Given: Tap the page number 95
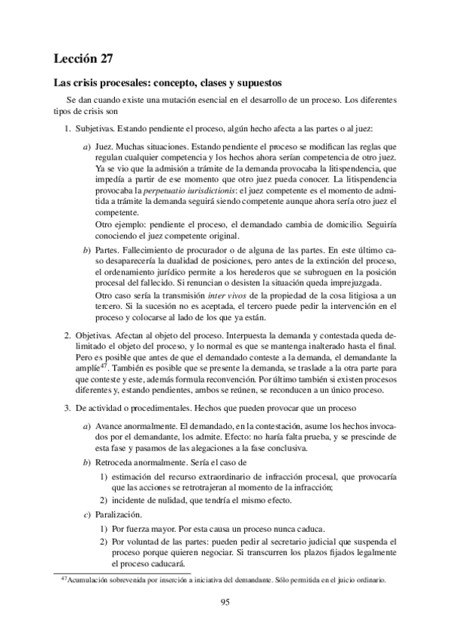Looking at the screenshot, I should [x=225, y=601].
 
